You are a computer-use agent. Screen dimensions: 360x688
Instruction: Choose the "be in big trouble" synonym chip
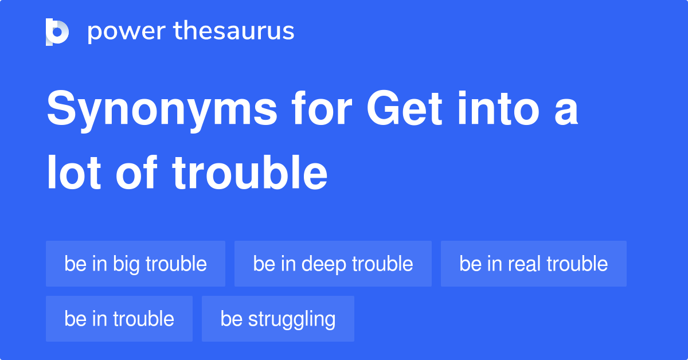135,264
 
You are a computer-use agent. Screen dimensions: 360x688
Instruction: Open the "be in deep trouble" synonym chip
333,264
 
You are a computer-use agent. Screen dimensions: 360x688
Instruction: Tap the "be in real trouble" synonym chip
533,264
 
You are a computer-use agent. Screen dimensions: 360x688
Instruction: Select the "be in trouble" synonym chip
119,319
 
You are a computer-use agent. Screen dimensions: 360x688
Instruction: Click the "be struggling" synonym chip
277,319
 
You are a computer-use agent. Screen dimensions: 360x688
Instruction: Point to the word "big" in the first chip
126,264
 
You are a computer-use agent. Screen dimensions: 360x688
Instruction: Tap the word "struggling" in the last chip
292,319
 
